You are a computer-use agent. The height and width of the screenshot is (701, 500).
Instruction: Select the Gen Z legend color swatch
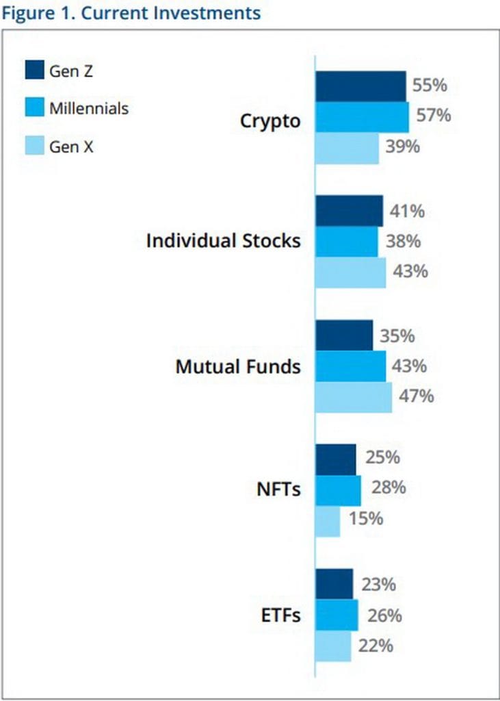(x=34, y=70)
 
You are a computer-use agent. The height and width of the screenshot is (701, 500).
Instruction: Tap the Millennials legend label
(x=88, y=108)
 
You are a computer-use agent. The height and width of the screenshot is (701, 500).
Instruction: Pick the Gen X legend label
(x=71, y=146)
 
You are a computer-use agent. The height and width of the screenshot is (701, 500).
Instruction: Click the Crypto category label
(x=270, y=121)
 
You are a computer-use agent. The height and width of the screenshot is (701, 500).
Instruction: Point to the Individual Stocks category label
(x=223, y=241)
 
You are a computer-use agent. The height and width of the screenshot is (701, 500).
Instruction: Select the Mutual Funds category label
(x=237, y=366)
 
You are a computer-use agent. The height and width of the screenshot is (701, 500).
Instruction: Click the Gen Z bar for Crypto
(x=360, y=86)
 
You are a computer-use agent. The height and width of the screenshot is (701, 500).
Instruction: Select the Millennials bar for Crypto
(x=362, y=117)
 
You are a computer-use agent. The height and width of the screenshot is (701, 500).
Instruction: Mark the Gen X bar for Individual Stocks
(x=350, y=272)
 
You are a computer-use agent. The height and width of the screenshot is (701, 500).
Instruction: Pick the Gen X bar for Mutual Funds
(x=354, y=397)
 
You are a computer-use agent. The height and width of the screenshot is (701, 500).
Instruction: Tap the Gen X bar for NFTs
(x=328, y=522)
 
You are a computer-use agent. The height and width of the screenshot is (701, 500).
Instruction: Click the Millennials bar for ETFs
(x=337, y=615)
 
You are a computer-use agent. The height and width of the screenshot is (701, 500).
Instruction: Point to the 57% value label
(x=434, y=116)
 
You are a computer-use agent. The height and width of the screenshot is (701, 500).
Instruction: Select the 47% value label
(x=417, y=396)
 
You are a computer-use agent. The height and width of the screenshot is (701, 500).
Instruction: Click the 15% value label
(x=365, y=519)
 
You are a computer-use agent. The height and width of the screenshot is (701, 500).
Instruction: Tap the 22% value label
(x=376, y=645)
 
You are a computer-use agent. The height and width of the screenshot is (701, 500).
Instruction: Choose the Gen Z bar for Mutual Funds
(x=344, y=335)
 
